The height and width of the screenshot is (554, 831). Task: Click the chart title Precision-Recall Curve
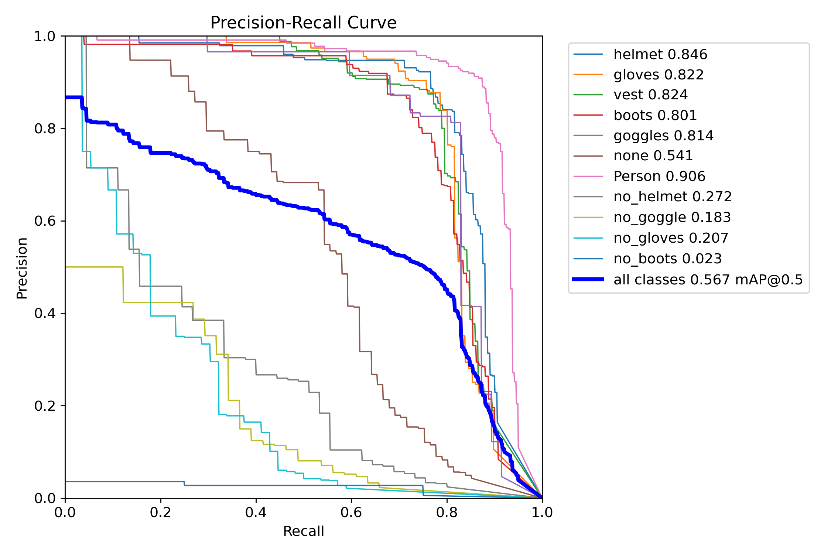coord(303,23)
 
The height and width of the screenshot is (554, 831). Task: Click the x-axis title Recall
coord(303,531)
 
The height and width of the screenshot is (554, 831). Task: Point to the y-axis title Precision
coord(22,268)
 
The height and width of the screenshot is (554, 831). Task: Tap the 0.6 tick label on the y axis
coord(44,221)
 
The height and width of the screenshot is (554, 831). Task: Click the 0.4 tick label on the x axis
coord(256,512)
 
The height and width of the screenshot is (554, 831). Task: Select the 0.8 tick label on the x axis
coord(447,512)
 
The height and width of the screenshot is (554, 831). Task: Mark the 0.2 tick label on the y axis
coord(44,406)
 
